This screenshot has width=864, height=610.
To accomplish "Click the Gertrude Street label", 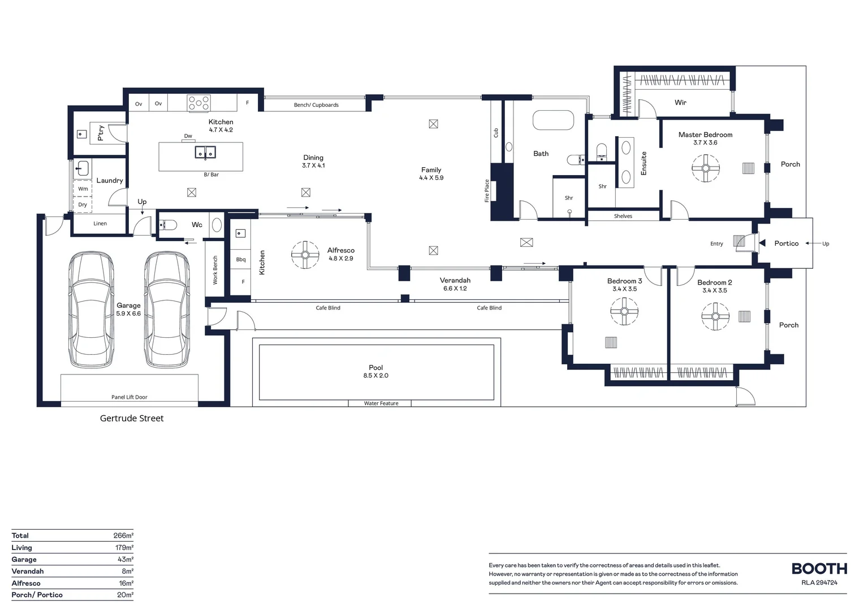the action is [x=132, y=419].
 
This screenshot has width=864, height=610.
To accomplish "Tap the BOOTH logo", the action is [x=819, y=569].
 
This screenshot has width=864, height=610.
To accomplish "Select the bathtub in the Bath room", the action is [x=553, y=120].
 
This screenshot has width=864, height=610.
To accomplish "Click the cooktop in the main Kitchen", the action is [x=198, y=103].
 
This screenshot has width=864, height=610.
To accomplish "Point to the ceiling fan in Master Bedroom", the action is [x=706, y=168].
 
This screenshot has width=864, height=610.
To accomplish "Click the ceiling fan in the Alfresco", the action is [x=305, y=255].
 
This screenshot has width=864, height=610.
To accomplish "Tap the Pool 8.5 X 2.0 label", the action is [x=375, y=372].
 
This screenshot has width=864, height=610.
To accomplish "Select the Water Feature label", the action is [x=381, y=403].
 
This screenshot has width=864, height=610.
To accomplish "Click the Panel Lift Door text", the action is [x=129, y=397].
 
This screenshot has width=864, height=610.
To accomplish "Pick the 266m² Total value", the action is [x=123, y=535].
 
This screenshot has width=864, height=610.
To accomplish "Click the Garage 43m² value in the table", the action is [x=126, y=560].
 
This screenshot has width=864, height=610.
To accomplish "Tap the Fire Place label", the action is [x=487, y=191].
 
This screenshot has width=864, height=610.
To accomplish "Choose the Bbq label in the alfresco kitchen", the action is [x=241, y=259].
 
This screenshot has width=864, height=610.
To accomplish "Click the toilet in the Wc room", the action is [x=168, y=225].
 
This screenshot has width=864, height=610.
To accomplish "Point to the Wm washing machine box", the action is [x=83, y=189].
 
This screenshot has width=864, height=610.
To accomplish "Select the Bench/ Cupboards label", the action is [x=316, y=105].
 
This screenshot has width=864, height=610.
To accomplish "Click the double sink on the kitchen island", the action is [x=205, y=152].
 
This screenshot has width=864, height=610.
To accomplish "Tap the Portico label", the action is [x=787, y=243].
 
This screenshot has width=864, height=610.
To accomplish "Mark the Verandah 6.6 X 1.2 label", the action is [x=455, y=284].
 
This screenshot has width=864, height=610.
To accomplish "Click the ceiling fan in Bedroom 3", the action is [x=624, y=311].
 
